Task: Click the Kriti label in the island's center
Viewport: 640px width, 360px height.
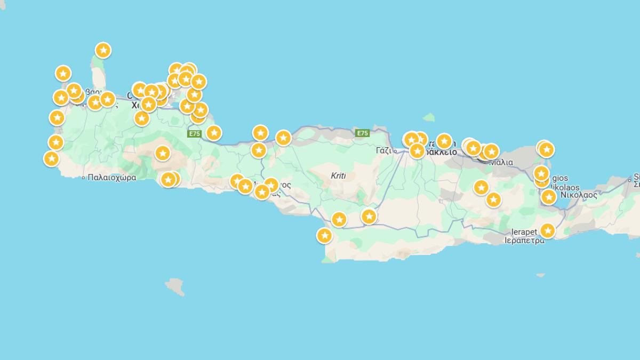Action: click(338, 175)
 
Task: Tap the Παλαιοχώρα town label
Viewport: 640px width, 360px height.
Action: click(112, 178)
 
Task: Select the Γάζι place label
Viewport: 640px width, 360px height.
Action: click(386, 150)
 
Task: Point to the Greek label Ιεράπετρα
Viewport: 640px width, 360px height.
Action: click(525, 240)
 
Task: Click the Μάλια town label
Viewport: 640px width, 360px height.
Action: click(502, 162)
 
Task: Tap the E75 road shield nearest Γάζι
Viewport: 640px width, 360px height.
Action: click(362, 133)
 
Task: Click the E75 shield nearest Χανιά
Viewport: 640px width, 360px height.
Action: click(194, 134)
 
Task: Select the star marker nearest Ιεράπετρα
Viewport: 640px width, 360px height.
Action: click(548, 230)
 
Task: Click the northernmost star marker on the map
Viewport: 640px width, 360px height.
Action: click(103, 50)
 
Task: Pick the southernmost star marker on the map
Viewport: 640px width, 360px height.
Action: click(324, 235)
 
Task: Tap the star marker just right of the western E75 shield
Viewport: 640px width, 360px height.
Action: click(214, 132)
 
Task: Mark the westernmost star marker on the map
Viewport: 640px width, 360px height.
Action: click(51, 158)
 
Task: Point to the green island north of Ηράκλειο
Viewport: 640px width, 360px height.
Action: click(429, 117)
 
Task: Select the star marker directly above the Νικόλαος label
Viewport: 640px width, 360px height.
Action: click(549, 197)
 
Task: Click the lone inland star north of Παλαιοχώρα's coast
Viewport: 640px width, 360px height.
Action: click(163, 154)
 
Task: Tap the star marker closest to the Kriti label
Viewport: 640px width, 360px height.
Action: click(339, 219)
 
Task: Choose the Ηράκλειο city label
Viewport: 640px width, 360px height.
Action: click(440, 152)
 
